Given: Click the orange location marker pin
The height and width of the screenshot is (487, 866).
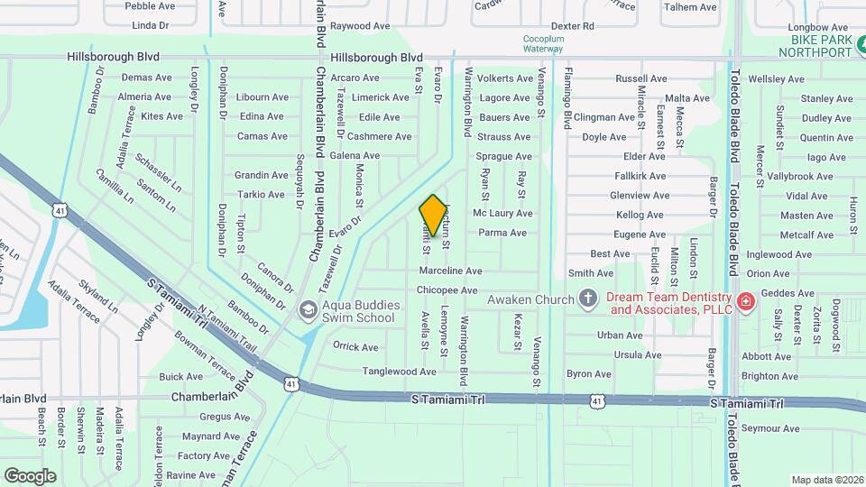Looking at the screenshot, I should [x=434, y=216].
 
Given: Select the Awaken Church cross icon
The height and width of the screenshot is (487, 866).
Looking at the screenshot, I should [x=588, y=299].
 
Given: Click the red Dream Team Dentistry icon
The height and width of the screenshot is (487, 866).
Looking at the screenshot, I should [x=745, y=300].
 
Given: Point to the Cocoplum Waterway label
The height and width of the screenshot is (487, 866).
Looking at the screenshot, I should [x=543, y=44].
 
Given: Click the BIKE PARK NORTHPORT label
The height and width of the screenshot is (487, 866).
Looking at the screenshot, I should [x=822, y=46].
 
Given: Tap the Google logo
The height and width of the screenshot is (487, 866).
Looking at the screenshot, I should [x=30, y=475].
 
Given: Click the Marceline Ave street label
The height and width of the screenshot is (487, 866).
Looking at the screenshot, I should [x=450, y=271].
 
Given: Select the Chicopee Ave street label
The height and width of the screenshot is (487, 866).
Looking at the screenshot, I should [x=447, y=290].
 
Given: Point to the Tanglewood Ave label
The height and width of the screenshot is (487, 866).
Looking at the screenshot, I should [x=399, y=372].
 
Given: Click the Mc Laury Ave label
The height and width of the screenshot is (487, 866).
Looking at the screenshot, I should [x=502, y=214].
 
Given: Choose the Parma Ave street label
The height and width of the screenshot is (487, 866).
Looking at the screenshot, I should [x=502, y=233].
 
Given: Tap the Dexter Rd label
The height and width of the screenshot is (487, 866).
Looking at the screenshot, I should [x=572, y=27].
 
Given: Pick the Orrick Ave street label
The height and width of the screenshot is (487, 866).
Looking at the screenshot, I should [x=355, y=346].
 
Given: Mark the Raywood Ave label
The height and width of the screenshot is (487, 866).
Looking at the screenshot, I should [x=358, y=27].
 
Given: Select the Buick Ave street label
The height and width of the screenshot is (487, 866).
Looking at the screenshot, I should [x=180, y=377].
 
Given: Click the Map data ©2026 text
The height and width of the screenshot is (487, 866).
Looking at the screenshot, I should [x=826, y=480].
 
